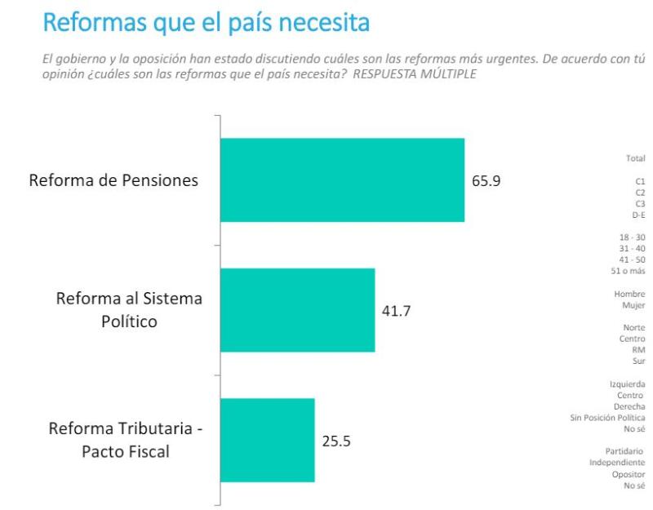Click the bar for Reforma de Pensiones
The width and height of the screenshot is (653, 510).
pos(342,180)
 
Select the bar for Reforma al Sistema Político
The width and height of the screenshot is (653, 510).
pos(297,310)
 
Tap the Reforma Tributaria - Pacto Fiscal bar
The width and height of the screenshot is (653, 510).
pos(267,440)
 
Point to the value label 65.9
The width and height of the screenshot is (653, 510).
pos(486,181)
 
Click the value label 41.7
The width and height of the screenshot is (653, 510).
pos(397,311)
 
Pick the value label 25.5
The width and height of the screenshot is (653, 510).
pos(336,441)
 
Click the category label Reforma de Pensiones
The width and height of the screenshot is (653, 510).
pos(113,180)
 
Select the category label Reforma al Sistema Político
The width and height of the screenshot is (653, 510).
pos(129,310)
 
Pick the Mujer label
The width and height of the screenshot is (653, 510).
pos(633,304)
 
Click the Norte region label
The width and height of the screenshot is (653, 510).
pos(633,327)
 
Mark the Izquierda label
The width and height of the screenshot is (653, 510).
pos(627,384)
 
